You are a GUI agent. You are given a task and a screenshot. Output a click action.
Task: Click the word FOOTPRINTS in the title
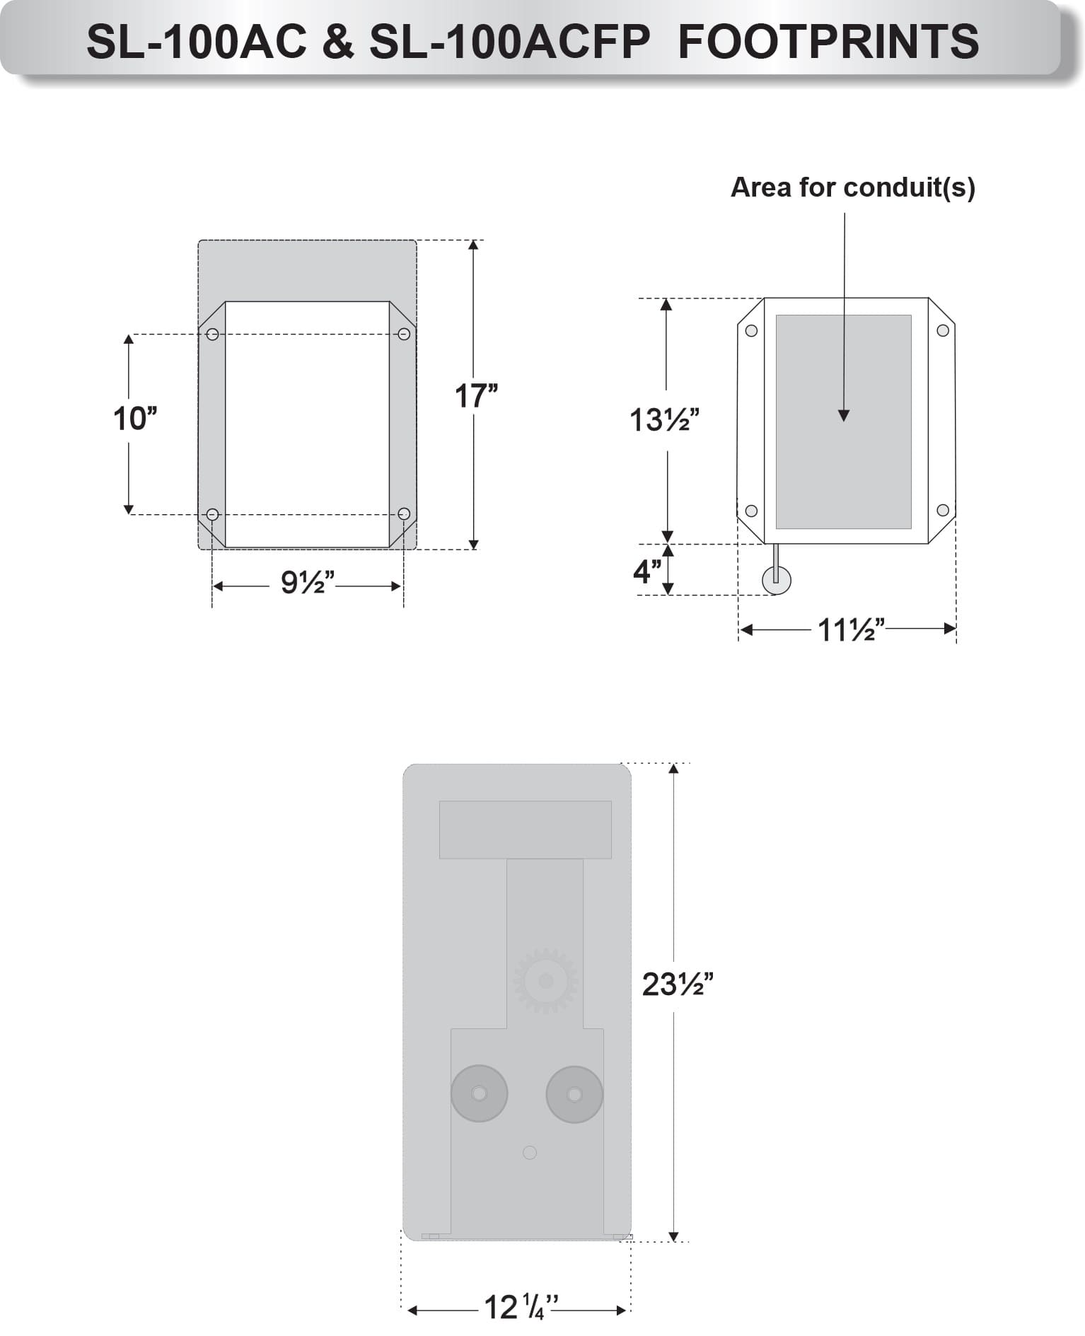pyautogui.click(x=828, y=41)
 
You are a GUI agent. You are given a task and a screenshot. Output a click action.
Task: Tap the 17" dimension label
pyautogui.click(x=476, y=395)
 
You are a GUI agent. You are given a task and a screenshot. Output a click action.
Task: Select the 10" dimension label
pyautogui.click(x=135, y=418)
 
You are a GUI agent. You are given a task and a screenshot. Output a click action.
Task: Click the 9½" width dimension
pyautogui.click(x=307, y=582)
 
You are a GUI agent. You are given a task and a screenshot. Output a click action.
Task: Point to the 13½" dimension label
pyautogui.click(x=664, y=420)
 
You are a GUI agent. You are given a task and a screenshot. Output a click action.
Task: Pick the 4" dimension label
pyautogui.click(x=647, y=571)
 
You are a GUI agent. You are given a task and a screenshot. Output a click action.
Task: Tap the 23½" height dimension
pyautogui.click(x=678, y=984)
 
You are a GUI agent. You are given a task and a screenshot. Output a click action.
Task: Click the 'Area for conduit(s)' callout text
pyautogui.click(x=852, y=187)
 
